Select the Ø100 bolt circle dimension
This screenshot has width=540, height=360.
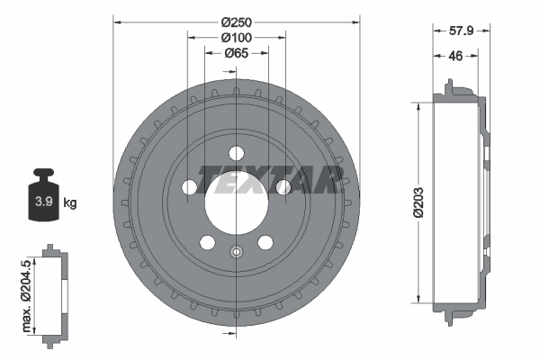coord(236,37)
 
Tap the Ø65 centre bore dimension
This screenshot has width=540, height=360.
coord(236,54)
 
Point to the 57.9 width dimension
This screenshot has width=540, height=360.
coord(461,30)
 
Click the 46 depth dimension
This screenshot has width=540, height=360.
coord(456,56)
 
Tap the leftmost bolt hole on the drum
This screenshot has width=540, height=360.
coord(188,187)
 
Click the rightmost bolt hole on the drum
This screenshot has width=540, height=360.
coord(283,187)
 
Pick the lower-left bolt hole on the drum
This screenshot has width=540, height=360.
coord(206,243)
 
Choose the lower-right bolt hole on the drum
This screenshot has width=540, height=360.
coord(265,243)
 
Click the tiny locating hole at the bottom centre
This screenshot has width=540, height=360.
coord(236,252)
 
